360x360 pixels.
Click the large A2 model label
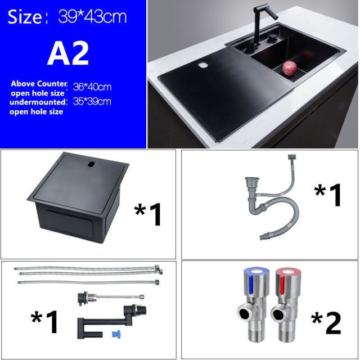[x=68, y=53]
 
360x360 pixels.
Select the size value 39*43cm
[x=92, y=17]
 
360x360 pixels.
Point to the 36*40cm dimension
[x=92, y=87]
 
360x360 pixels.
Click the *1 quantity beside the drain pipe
[x=327, y=195]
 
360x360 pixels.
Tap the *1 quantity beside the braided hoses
[x=45, y=322]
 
